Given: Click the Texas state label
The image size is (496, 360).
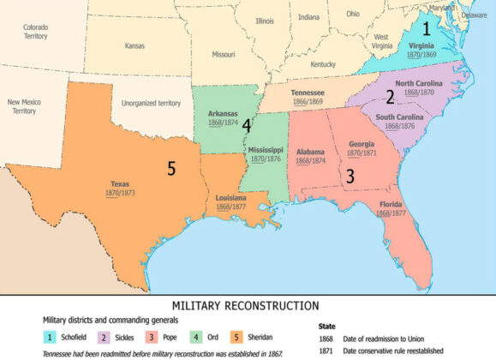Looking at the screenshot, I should [x=120, y=183].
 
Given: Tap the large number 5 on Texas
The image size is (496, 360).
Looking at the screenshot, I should [x=171, y=169].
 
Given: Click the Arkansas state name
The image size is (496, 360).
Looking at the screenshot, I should [x=223, y=113].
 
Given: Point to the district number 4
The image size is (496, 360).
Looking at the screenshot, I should [x=246, y=125].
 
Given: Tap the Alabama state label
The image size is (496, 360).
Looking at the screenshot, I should [x=310, y=152].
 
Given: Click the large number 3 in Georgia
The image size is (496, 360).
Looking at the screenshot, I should [x=349, y=177].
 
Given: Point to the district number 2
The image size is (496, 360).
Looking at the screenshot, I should [x=389, y=97].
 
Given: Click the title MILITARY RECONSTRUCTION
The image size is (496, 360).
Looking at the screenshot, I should [x=245, y=305].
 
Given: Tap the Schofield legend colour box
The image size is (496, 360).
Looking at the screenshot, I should [x=50, y=339].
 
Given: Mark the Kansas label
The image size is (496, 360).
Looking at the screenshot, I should [x=134, y=45].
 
